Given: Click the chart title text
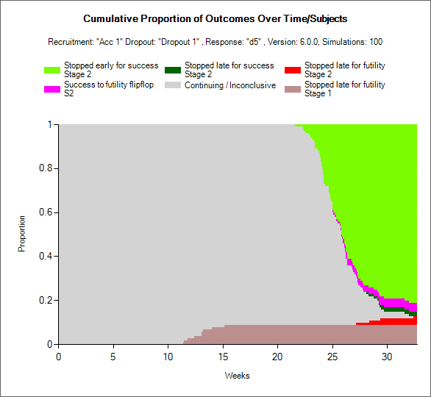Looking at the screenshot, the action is pos(215,18).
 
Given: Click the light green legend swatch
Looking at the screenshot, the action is pos(52,70).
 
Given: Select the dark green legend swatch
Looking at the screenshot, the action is pos(173,70).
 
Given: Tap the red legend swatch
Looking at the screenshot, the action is pos(293,70).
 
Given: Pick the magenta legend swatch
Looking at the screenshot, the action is pos(52,89).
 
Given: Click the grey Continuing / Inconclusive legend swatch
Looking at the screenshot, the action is pos(173,85).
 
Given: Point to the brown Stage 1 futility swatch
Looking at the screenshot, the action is pos(293,89).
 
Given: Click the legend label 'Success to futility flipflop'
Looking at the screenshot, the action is pos(109,85).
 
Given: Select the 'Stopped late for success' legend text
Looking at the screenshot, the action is pos(229,65).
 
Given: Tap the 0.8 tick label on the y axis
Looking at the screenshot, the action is pos(46,168).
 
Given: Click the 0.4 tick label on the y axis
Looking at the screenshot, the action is pos(46,256).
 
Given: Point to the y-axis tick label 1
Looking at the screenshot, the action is pos(50,124).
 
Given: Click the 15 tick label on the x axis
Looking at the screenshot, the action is pos(223,357).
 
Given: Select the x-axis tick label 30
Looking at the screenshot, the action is pos(387,357).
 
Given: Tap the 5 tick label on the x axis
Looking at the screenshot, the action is pos(113,357).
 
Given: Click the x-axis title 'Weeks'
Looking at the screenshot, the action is pos(238,376).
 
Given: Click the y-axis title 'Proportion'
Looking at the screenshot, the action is pos(21,234).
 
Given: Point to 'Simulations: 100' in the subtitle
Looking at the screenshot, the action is pos(352,42).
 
